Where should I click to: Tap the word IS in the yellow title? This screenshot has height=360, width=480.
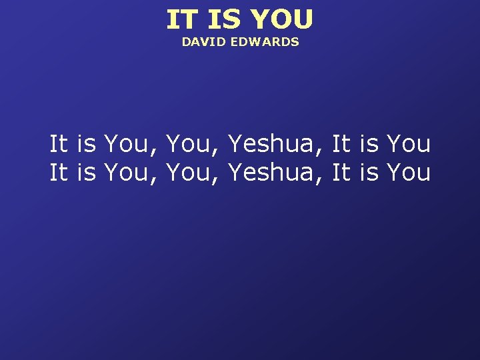[x=223, y=20]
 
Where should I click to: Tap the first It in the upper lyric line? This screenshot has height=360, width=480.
[x=59, y=143]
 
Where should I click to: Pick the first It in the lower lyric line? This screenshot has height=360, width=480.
[x=59, y=172]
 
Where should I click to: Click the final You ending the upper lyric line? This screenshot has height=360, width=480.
[x=408, y=143]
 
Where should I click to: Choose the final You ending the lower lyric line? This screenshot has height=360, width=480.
[x=408, y=172]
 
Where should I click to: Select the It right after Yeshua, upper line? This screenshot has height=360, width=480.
[x=341, y=143]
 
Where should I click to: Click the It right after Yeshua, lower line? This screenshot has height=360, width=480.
[x=341, y=172]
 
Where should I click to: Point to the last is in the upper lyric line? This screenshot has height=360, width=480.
[x=369, y=143]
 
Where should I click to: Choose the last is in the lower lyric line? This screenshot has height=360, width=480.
[x=369, y=172]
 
